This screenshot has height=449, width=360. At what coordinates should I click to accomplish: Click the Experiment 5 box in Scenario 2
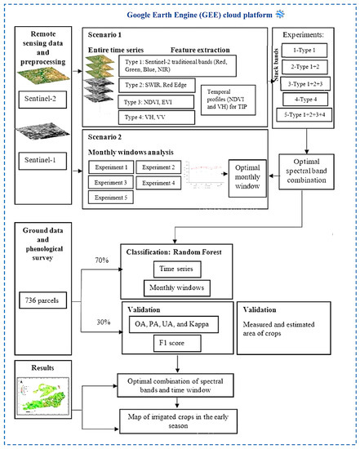coord(112,197)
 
